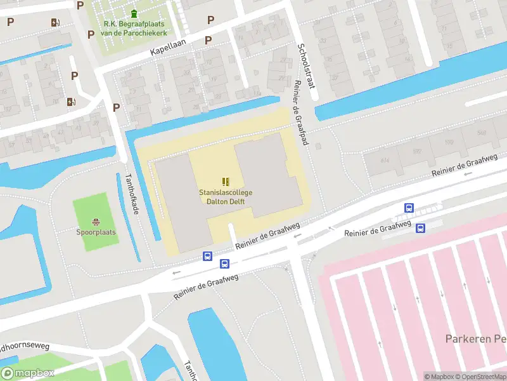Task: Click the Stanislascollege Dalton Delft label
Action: coord(226,197)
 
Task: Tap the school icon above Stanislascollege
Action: coord(226,182)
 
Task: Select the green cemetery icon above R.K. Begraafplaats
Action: coord(134,13)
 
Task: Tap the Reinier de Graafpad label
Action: coord(300,114)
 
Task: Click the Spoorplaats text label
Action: coord(96,232)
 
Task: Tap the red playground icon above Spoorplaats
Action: coord(96,222)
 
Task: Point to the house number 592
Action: coord(416,152)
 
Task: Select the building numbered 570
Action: coord(450,142)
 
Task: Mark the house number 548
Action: coord(482,133)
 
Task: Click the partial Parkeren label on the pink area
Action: coord(475,338)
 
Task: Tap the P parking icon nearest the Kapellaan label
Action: coord(208,41)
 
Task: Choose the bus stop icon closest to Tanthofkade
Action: coord(207,257)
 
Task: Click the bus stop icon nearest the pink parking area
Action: coord(420,229)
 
